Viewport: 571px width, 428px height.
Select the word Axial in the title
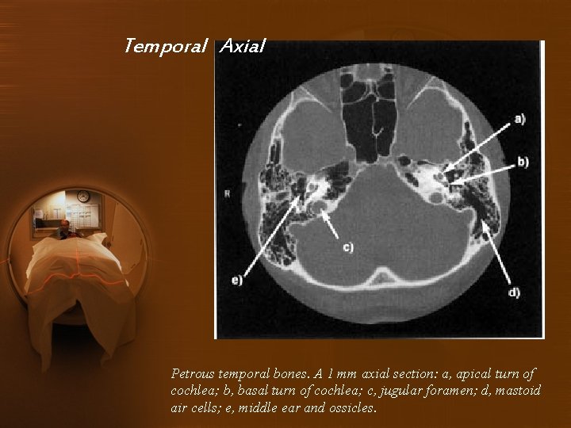pyautogui.click(x=242, y=46)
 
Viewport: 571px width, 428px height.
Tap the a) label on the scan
pyautogui.click(x=519, y=119)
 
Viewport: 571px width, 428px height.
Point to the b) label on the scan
pyautogui.click(x=523, y=162)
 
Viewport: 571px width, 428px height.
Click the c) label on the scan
pyautogui.click(x=347, y=247)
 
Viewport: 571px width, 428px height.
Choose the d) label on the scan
pyautogui.click(x=514, y=292)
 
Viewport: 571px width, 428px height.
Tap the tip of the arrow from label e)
pyautogui.click(x=304, y=179)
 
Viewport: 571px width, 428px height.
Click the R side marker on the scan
pyautogui.click(x=228, y=193)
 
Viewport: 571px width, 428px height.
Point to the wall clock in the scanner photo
pyautogui.click(x=83, y=197)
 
